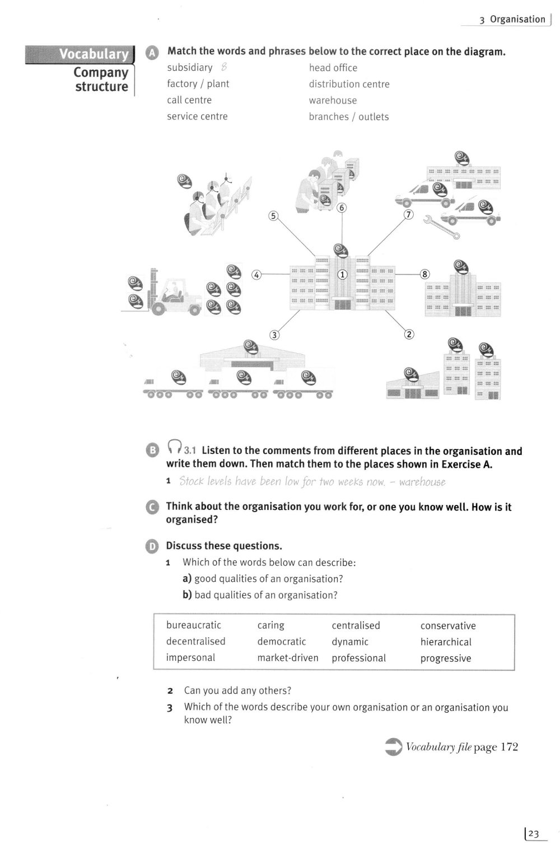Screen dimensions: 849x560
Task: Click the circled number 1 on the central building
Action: pyautogui.click(x=342, y=275)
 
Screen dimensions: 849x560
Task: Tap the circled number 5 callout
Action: pyautogui.click(x=273, y=216)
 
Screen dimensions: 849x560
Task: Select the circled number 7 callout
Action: pyautogui.click(x=408, y=215)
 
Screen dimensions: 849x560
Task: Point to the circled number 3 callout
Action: pyautogui.click(x=274, y=335)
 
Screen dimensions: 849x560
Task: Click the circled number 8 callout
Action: pyautogui.click(x=424, y=274)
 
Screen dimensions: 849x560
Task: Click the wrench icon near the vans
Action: pyautogui.click(x=442, y=226)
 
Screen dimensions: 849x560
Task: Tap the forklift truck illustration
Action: pyautogui.click(x=168, y=292)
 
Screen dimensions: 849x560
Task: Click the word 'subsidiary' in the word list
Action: pyautogui.click(x=189, y=68)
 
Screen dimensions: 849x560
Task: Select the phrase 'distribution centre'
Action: pyautogui.click(x=349, y=84)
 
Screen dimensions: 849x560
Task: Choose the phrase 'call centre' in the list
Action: pyautogui.click(x=189, y=100)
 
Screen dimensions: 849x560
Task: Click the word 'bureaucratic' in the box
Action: pyautogui.click(x=193, y=625)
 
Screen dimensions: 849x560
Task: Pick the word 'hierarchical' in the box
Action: pyautogui.click(x=446, y=642)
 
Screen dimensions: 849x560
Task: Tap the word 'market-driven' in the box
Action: pyautogui.click(x=287, y=658)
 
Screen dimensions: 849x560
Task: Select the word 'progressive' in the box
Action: pyautogui.click(x=445, y=658)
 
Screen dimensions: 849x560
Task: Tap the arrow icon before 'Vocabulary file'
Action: pyautogui.click(x=394, y=747)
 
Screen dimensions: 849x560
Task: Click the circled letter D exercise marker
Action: pyautogui.click(x=152, y=546)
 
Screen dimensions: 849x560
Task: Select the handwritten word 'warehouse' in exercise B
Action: pyautogui.click(x=422, y=482)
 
